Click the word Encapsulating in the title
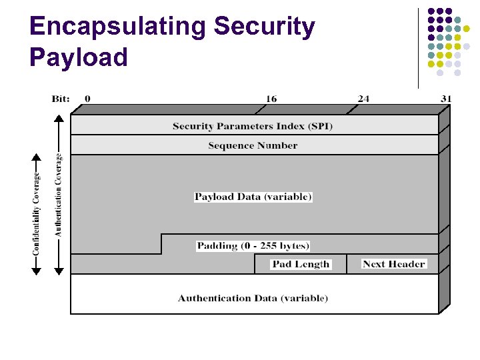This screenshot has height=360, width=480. (x=117, y=27)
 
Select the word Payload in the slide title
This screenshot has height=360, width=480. (x=78, y=57)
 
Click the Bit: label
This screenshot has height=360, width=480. (x=61, y=99)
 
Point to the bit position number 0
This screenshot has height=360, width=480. (x=87, y=99)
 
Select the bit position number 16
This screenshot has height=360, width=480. (x=271, y=99)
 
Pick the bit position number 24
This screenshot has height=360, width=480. (x=363, y=99)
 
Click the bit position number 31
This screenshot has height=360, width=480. (x=446, y=99)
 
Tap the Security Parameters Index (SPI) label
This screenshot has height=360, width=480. (x=253, y=126)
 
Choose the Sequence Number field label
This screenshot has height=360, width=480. (x=253, y=145)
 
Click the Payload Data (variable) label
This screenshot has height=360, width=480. (x=253, y=197)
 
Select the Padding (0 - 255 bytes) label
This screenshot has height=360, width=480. (x=253, y=245)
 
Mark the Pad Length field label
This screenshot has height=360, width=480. (x=301, y=264)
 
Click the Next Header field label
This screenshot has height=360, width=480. (x=393, y=264)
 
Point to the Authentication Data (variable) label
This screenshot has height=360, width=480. (x=253, y=298)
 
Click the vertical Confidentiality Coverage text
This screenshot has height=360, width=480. (x=36, y=213)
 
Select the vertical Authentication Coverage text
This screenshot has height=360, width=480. (x=59, y=195)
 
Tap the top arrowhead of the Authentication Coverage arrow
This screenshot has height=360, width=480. (x=59, y=119)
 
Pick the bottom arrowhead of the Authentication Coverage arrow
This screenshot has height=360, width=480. (x=59, y=271)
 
